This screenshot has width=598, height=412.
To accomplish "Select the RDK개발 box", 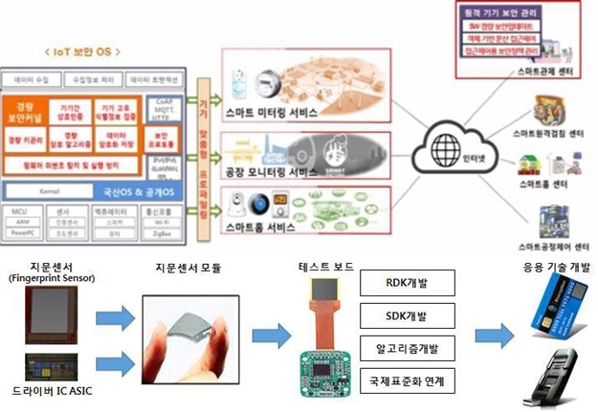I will pos(405,284).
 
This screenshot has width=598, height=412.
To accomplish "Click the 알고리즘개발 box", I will pos(405,348).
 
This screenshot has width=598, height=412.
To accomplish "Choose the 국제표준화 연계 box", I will pos(405,380).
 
